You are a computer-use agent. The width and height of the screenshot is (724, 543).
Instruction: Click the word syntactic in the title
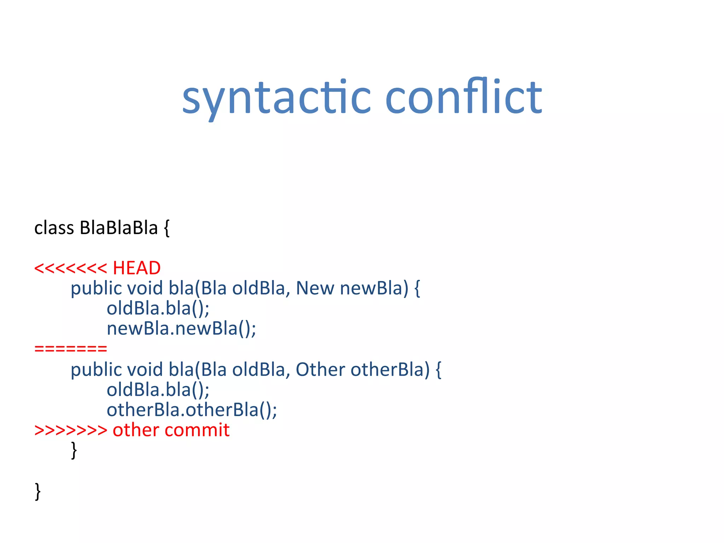pos(276,98)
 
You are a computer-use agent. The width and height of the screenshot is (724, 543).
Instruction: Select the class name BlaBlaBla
pos(118,228)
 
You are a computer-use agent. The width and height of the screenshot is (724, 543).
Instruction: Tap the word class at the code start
pos(54,228)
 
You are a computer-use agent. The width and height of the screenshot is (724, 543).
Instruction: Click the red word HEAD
pos(136,268)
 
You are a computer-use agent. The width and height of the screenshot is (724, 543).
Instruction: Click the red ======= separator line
pos(71,349)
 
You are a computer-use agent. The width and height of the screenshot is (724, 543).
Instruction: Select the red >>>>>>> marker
pos(71,430)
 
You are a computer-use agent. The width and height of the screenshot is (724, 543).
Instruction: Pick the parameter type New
pos(315,288)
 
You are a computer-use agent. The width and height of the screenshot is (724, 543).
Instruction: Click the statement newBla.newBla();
pos(181,328)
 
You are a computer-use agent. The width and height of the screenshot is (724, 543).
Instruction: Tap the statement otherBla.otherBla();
pos(192,410)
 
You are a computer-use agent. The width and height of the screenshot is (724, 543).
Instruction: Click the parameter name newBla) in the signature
pos(374,288)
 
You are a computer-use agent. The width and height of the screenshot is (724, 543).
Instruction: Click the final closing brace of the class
pos(38,491)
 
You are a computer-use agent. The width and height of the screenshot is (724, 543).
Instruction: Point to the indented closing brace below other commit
pos(74,450)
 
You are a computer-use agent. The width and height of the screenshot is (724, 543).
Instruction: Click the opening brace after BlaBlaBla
pos(167,228)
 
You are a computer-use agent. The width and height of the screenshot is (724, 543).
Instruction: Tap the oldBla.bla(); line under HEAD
pos(158,308)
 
